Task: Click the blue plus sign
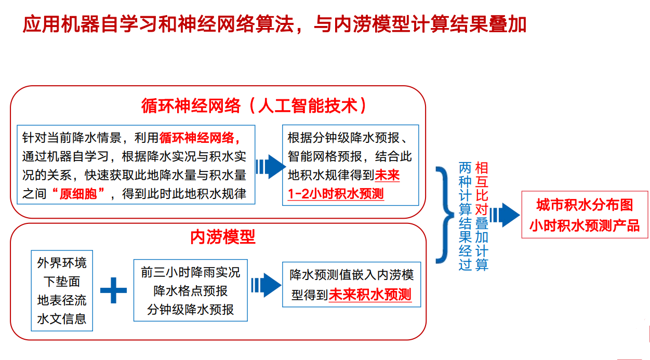113,290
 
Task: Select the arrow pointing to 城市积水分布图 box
505,215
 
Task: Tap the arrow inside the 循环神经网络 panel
271,167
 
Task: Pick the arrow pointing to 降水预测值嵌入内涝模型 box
266,285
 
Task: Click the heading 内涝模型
222,237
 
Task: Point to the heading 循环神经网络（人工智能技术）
254,105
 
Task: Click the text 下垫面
62,282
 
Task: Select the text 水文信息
62,319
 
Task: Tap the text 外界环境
62,263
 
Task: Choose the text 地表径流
62,300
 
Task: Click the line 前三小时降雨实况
190,272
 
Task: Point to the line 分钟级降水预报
190,310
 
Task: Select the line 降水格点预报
190,291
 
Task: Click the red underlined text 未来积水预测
370,295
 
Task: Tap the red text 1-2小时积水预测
336,194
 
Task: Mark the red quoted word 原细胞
78,194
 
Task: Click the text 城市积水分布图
585,205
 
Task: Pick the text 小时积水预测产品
585,225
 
